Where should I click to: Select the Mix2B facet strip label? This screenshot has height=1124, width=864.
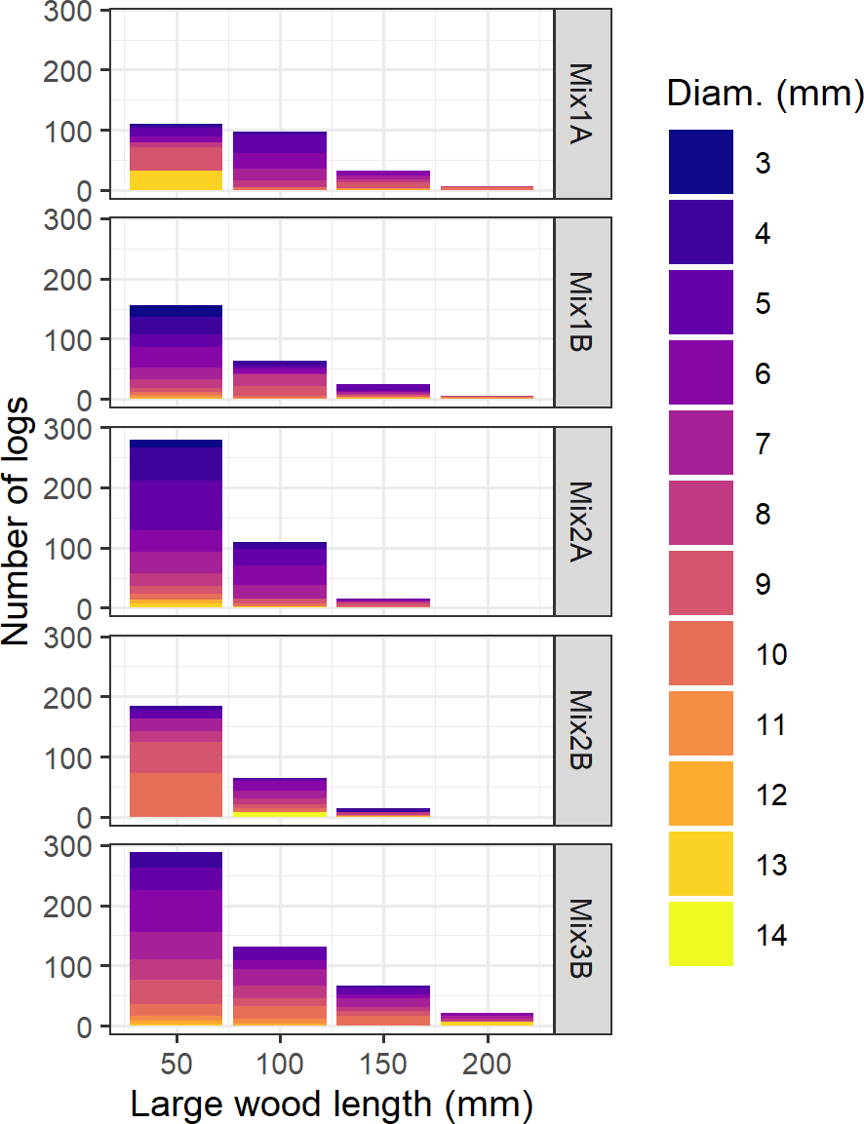pos(583,729)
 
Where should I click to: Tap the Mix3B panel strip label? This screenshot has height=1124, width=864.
pos(583,938)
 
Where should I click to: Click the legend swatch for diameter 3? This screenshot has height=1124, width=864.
pos(700,163)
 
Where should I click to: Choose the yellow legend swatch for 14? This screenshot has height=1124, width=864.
pos(700,935)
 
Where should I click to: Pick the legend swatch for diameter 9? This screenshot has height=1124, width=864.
pos(700,584)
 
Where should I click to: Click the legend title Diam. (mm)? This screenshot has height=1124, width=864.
pos(765,96)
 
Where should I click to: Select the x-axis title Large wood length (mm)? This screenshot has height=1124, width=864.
pos(332,1105)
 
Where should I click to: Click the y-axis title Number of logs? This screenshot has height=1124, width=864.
pos(17,520)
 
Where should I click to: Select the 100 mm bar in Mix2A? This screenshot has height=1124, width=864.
pos(280,575)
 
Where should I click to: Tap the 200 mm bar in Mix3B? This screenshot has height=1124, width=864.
pos(487,1019)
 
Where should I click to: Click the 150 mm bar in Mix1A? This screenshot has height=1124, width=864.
pos(383,180)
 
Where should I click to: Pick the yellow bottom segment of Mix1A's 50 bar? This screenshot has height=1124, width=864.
pos(177,180)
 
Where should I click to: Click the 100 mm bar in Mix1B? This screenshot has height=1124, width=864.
pos(280,380)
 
